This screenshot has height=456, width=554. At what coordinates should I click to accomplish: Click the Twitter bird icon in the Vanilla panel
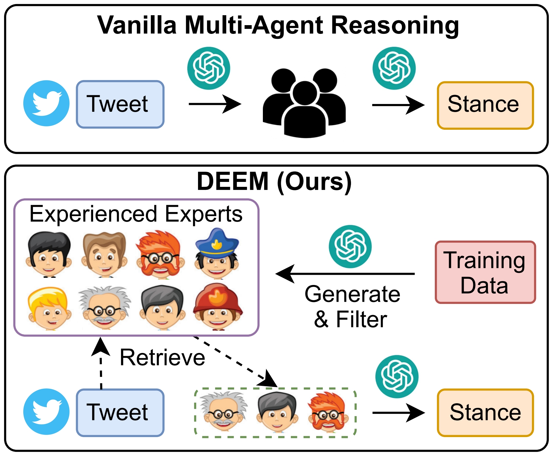pyautogui.click(x=46, y=103)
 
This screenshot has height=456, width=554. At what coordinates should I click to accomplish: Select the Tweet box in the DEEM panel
pyautogui.click(x=120, y=413)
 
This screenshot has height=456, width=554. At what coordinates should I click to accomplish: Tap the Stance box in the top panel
pyautogui.click(x=485, y=105)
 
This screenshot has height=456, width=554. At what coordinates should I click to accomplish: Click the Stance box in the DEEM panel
pyautogui.click(x=485, y=413)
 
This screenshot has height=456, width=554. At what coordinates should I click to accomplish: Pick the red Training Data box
pyautogui.click(x=485, y=272)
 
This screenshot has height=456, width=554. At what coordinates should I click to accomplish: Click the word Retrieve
pyautogui.click(x=162, y=358)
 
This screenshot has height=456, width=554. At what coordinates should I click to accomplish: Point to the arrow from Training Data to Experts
pyautogui.click(x=345, y=274)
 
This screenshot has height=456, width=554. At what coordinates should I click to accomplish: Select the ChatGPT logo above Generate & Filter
pyautogui.click(x=350, y=246)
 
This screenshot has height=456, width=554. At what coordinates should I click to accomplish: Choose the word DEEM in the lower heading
pyautogui.click(x=232, y=182)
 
